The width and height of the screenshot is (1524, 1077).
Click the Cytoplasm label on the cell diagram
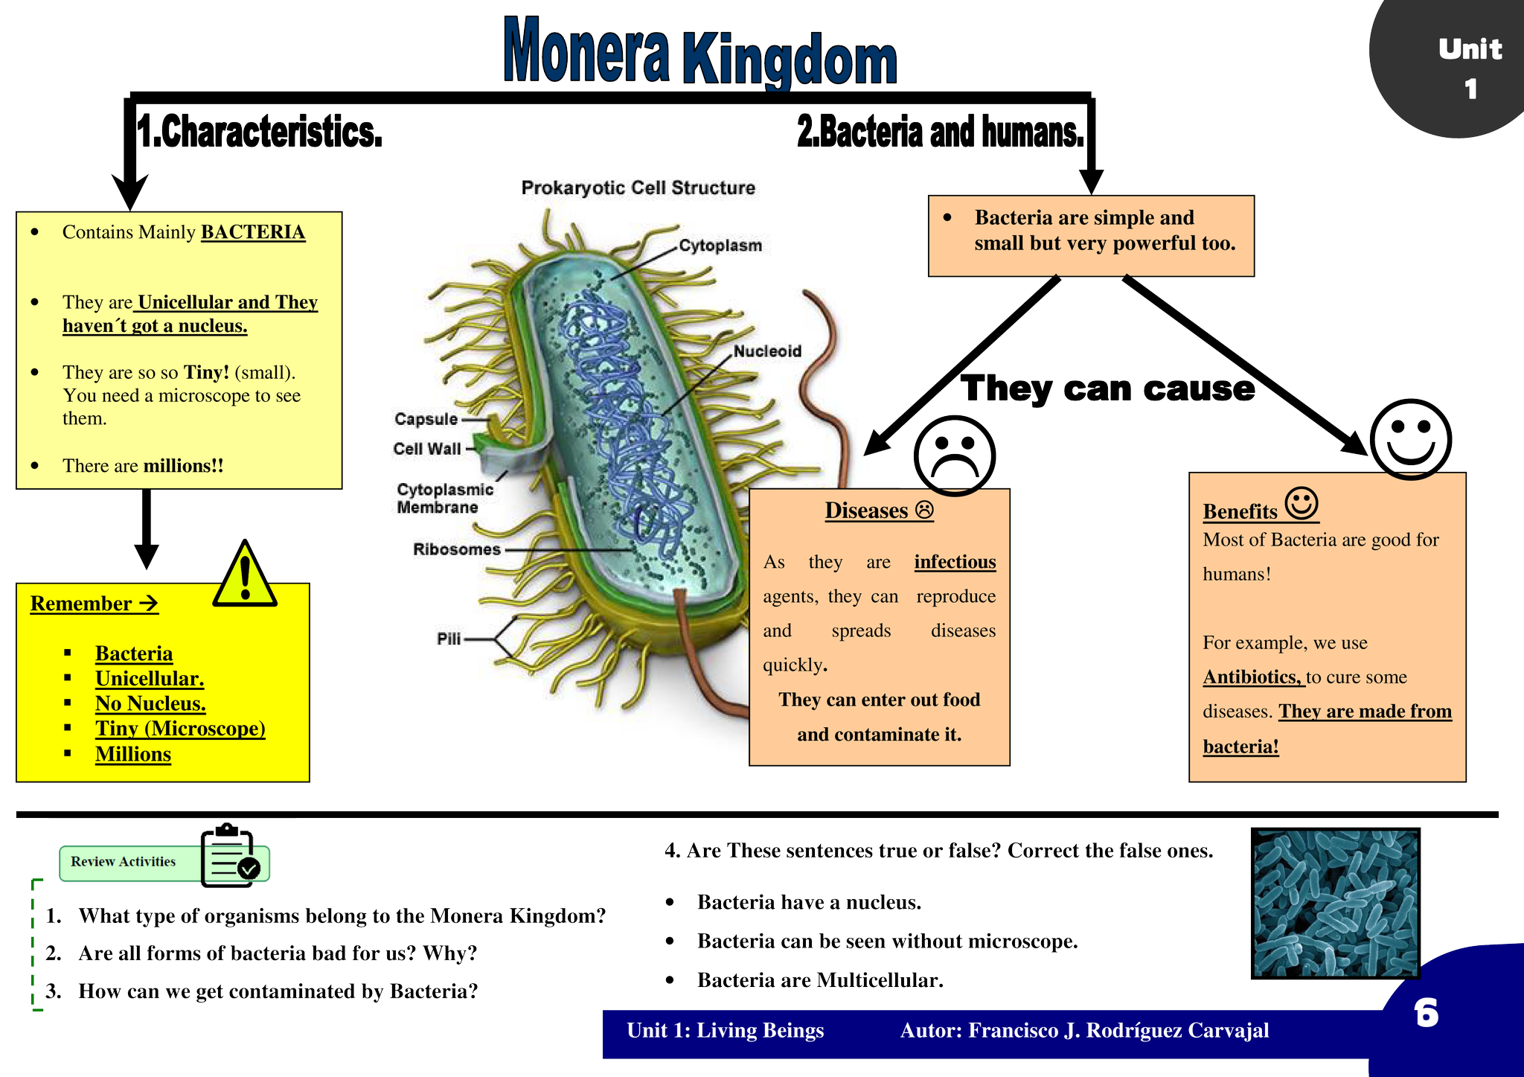coord(720,246)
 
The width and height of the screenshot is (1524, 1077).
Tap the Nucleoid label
coord(767,351)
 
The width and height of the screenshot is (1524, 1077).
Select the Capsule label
coord(426,419)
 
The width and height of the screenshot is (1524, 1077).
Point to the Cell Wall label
coord(427,449)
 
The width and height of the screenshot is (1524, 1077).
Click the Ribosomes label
coord(457,549)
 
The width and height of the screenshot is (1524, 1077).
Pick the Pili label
coord(449,639)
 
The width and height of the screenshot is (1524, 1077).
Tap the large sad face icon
coord(954,455)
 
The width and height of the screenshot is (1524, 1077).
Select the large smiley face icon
coord(1410,439)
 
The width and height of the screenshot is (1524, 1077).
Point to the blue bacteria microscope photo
coord(1336,903)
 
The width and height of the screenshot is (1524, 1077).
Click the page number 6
coord(1426,1014)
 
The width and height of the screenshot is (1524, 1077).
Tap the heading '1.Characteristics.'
coord(260,132)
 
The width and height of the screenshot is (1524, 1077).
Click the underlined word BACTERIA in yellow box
coord(253,232)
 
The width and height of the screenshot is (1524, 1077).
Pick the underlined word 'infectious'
coord(955,562)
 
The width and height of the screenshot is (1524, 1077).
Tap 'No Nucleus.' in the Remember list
coord(150,703)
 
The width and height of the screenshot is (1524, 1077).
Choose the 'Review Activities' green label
coord(124,862)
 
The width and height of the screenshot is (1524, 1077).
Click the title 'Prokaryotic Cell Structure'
coord(638,188)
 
